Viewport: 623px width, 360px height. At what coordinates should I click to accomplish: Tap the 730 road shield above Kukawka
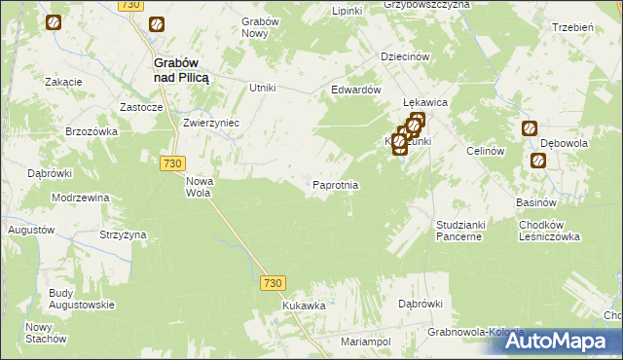pos(274,282)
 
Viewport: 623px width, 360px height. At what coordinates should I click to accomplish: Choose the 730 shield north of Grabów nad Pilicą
pos(132,5)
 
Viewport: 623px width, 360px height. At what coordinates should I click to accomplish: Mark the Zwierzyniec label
pos(211,124)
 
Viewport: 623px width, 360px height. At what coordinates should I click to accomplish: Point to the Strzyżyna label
pos(123,234)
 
